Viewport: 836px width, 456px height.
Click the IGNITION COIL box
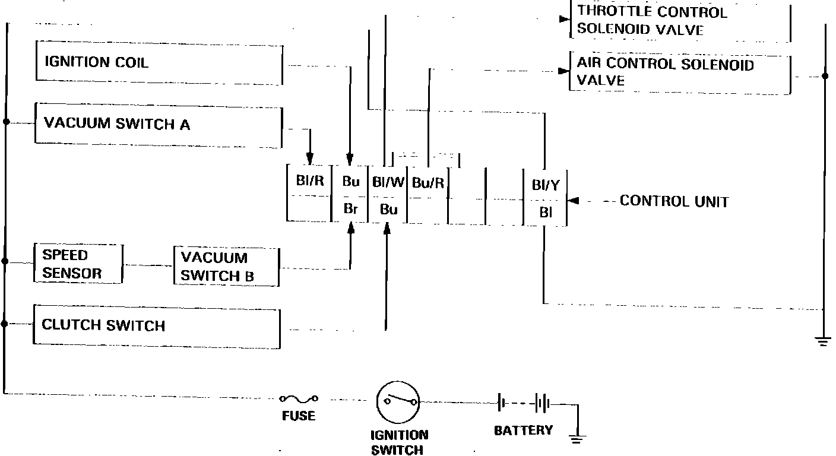[159, 62]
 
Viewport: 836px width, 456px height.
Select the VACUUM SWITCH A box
[158, 125]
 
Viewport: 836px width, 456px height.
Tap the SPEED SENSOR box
[78, 264]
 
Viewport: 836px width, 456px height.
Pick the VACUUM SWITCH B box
[226, 267]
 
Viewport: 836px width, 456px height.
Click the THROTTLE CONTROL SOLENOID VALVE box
[680, 21]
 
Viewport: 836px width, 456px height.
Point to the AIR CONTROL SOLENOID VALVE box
[680, 72]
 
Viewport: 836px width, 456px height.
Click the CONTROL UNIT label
[674, 201]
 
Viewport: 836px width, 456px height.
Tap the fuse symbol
[299, 398]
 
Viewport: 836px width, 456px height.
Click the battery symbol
[523, 404]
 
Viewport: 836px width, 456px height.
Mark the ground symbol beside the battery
[576, 439]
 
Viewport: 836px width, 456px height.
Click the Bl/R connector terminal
[309, 182]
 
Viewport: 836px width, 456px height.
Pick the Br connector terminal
[350, 209]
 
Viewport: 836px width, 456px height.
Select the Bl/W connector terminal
[388, 183]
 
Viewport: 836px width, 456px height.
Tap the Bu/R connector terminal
[427, 183]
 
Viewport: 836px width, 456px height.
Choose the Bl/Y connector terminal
[545, 185]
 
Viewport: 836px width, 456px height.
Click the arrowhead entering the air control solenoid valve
[563, 71]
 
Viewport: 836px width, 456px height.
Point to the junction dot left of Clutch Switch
[6, 324]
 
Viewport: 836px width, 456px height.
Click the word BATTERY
[523, 430]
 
